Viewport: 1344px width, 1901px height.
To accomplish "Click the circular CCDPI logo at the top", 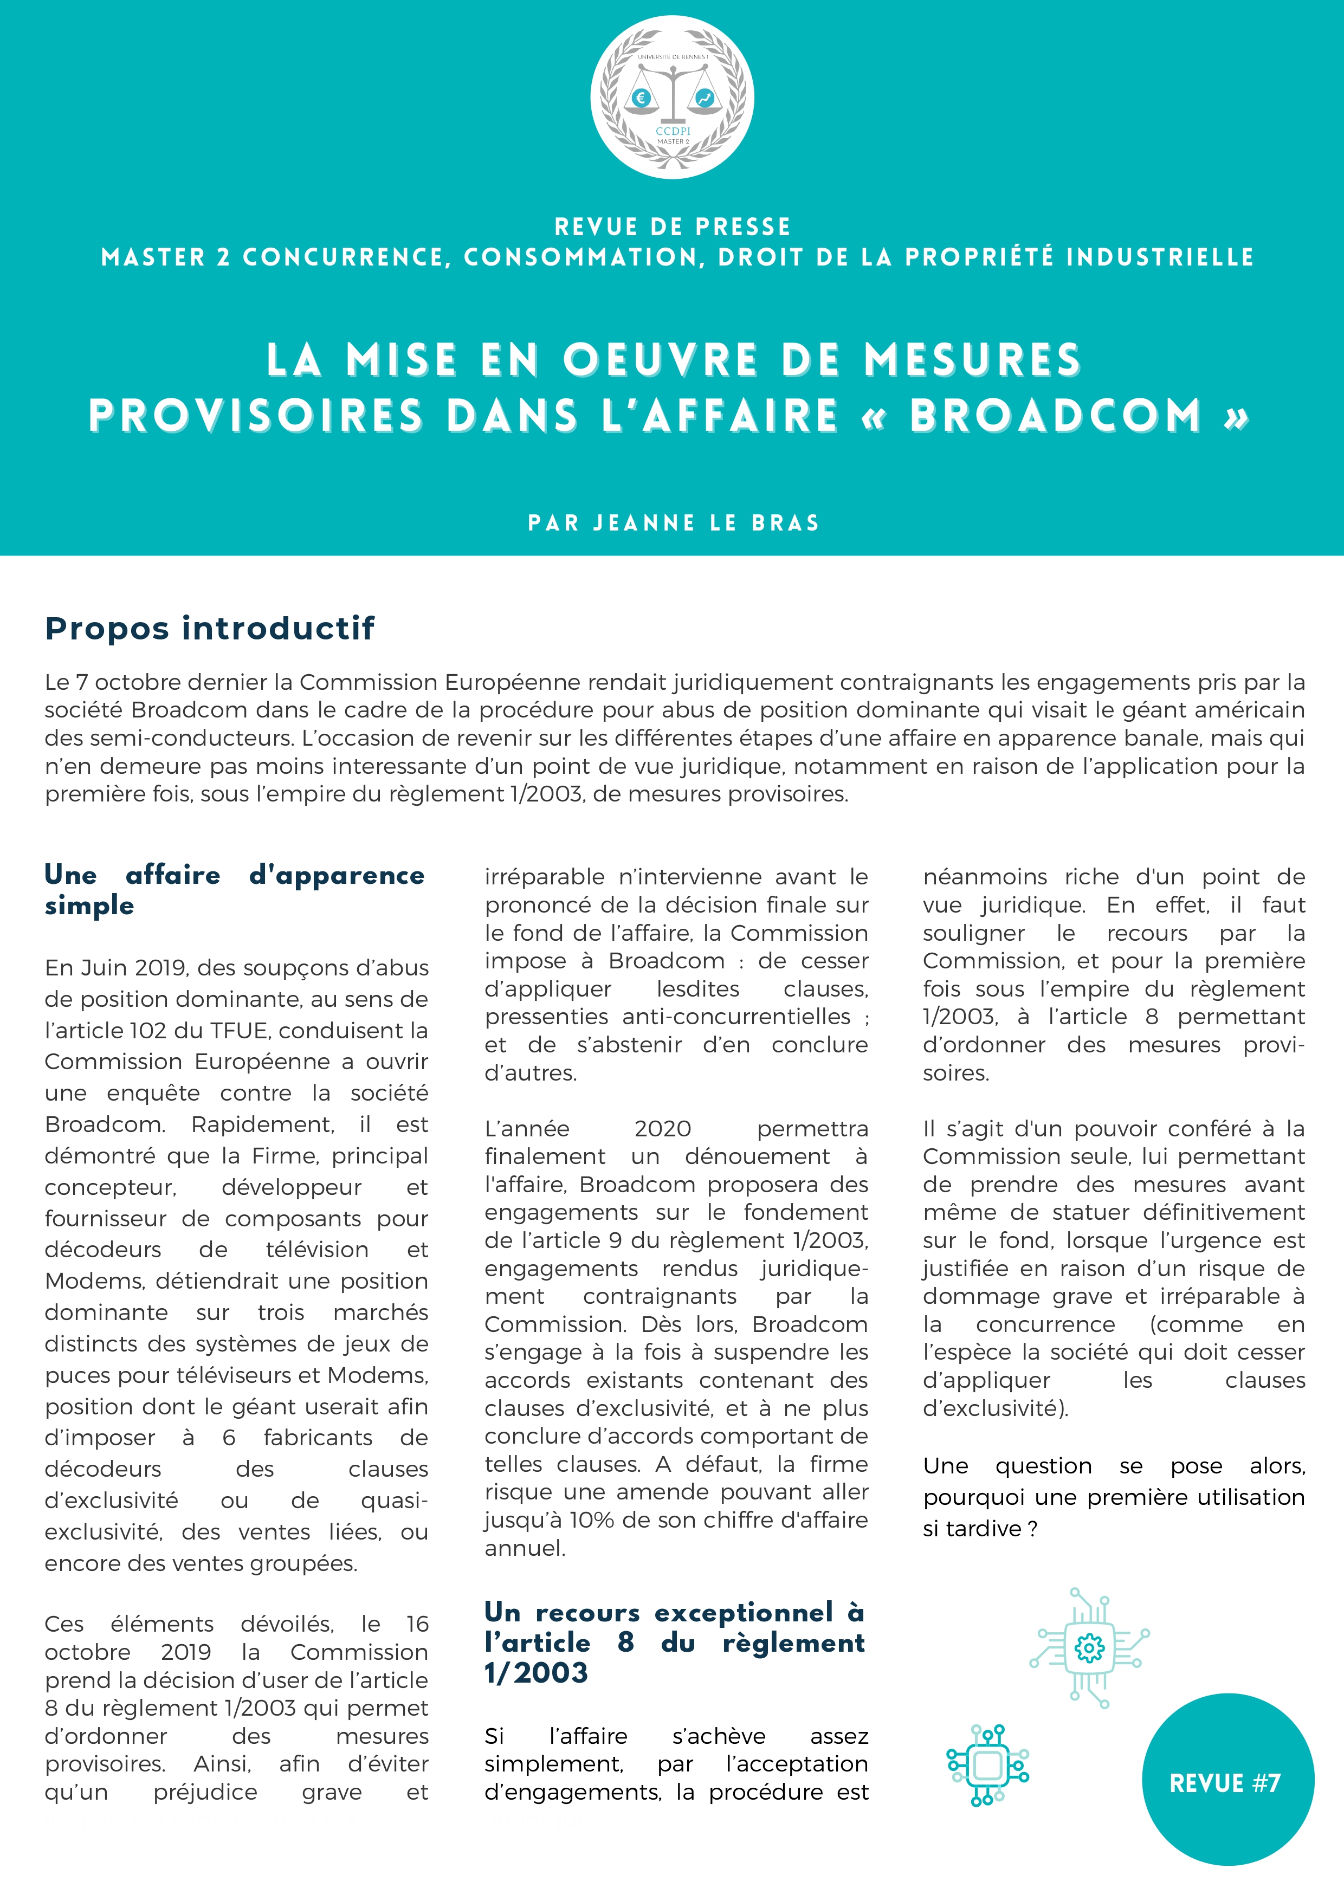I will tap(671, 98).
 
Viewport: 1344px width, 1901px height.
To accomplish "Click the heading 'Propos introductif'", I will tap(210, 629).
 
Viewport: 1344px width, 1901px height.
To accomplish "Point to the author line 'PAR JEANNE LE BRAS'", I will tap(673, 522).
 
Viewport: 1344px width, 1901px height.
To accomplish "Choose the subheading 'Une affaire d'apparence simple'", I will tap(234, 889).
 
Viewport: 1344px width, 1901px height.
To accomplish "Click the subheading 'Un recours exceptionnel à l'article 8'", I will tap(675, 1642).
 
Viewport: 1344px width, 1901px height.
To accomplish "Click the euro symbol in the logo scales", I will tap(640, 99).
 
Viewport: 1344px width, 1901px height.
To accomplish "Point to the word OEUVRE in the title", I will tap(661, 360).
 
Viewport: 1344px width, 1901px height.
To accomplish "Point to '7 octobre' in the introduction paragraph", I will tap(124, 682).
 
